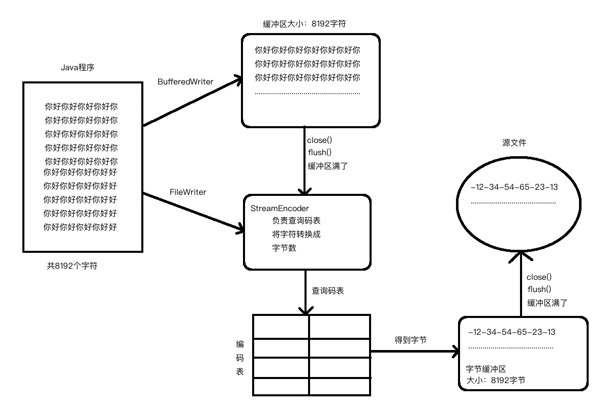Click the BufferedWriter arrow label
click(x=186, y=81)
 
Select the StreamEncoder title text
click(x=280, y=209)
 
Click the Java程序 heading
click(x=78, y=67)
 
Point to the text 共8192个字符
click(x=72, y=266)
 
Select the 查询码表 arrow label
click(x=327, y=292)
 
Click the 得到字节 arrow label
click(x=410, y=339)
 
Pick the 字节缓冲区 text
click(x=486, y=369)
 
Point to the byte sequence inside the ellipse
click(x=514, y=187)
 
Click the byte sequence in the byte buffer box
click(x=511, y=332)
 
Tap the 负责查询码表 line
click(x=296, y=221)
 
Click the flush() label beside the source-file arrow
click(x=539, y=289)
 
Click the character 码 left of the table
click(x=240, y=358)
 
